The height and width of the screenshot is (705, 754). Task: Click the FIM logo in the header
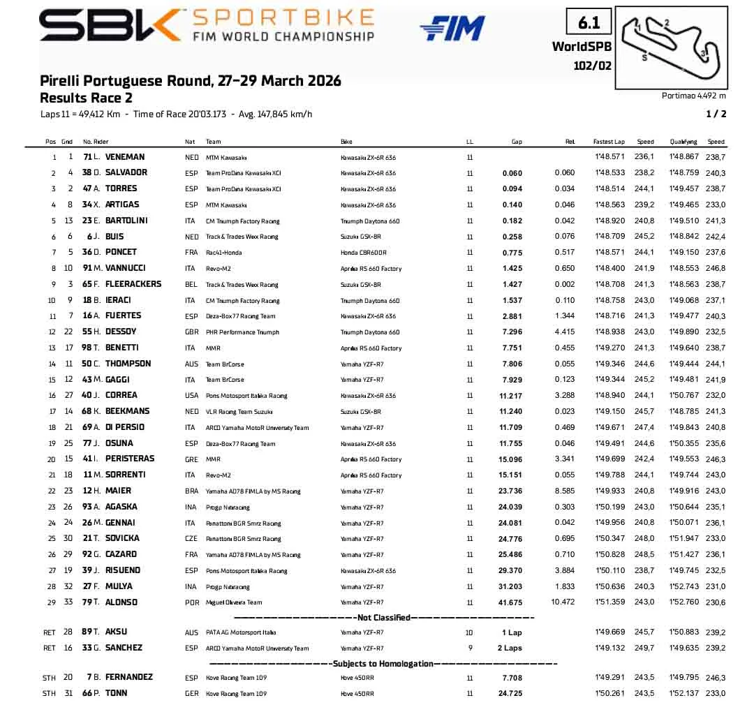452,28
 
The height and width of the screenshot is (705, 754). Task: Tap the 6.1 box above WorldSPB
589,23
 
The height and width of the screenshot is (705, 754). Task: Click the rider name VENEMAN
125,157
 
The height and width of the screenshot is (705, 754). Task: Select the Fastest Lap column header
609,142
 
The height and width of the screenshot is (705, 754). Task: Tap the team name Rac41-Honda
224,253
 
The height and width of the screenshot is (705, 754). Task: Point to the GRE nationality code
190,459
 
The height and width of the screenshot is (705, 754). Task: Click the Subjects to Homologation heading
383,664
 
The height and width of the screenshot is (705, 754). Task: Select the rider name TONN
116,693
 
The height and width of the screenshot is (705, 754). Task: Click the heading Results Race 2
86,98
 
